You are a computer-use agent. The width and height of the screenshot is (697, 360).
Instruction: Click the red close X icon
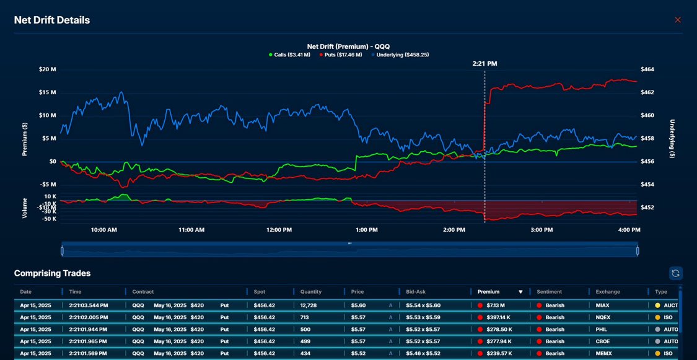677,20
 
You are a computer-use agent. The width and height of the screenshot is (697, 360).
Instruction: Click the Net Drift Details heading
52,20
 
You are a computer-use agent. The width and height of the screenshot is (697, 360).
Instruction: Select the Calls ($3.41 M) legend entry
290,55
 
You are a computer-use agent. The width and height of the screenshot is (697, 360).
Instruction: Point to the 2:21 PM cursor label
484,63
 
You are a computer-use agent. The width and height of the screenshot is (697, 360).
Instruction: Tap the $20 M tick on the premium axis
47,69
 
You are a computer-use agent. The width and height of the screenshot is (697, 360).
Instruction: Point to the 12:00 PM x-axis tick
279,230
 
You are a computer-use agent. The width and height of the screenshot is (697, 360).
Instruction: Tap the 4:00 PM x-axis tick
629,230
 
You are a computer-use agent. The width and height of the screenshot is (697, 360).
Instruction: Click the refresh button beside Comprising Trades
676,273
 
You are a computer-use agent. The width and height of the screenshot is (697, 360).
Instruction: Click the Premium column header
489,292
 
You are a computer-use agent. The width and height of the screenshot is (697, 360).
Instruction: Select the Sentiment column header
550,292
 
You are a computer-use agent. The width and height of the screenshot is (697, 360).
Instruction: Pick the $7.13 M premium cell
496,305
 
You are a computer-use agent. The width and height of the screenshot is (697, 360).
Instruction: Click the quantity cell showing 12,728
309,305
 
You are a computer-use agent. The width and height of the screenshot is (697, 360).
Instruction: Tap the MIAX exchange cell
602,305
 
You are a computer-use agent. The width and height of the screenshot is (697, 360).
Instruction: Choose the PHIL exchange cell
602,330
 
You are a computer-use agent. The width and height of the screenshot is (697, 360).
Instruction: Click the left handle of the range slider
62,250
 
